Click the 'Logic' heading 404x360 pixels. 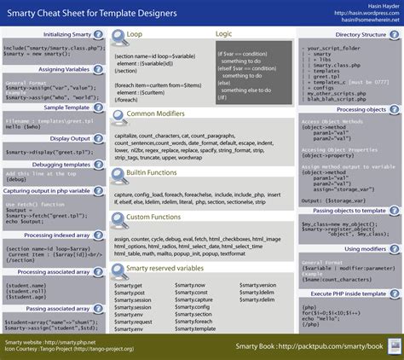click(223, 33)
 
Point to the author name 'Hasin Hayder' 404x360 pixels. click(376, 5)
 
